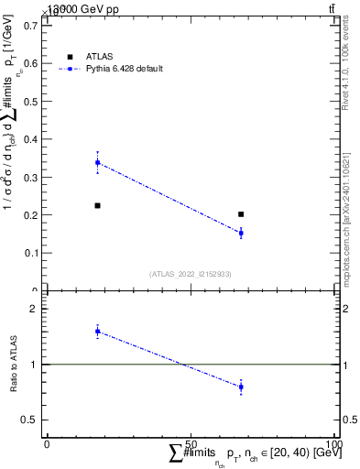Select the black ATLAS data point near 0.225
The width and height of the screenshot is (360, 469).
98,205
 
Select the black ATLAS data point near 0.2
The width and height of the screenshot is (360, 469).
241,214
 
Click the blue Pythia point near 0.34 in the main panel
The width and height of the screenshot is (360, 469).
98,163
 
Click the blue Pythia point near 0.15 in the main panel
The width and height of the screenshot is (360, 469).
241,233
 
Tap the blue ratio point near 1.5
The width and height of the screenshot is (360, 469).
98,331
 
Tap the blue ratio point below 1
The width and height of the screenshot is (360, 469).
241,387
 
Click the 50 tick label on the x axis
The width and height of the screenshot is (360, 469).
190,444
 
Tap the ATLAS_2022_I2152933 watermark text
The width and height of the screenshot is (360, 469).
189,274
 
